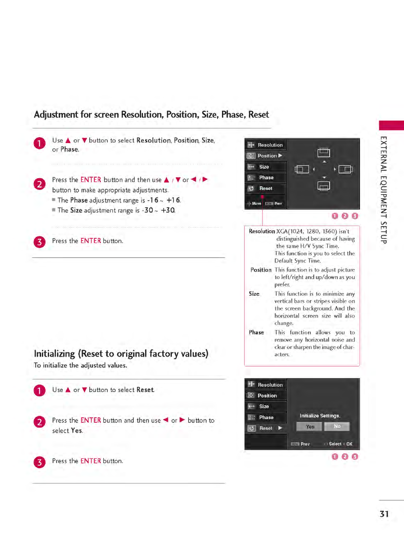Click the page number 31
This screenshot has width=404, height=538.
click(384, 514)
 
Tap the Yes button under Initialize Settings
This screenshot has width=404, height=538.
click(309, 427)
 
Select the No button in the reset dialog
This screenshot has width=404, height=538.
click(337, 426)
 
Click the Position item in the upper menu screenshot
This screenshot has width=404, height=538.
click(267, 156)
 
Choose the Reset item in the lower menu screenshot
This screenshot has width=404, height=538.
click(266, 428)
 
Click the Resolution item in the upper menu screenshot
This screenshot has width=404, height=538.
click(270, 145)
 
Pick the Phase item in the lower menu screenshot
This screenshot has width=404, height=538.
click(266, 417)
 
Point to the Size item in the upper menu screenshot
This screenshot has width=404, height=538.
click(264, 167)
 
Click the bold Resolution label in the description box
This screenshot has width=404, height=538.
click(262, 231)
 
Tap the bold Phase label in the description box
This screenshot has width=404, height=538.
click(256, 332)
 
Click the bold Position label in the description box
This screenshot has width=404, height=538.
click(261, 270)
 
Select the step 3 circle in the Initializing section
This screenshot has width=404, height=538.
click(40, 462)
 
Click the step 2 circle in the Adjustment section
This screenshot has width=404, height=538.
click(40, 184)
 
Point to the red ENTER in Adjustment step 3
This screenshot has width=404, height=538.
click(91, 241)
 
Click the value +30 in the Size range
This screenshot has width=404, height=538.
click(168, 210)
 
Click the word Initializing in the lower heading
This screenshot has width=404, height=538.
click(54, 354)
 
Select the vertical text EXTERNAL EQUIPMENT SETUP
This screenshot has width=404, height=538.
click(384, 190)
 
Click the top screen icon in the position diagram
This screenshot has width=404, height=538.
click(324, 153)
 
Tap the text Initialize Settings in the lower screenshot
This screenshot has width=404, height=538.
click(320, 416)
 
